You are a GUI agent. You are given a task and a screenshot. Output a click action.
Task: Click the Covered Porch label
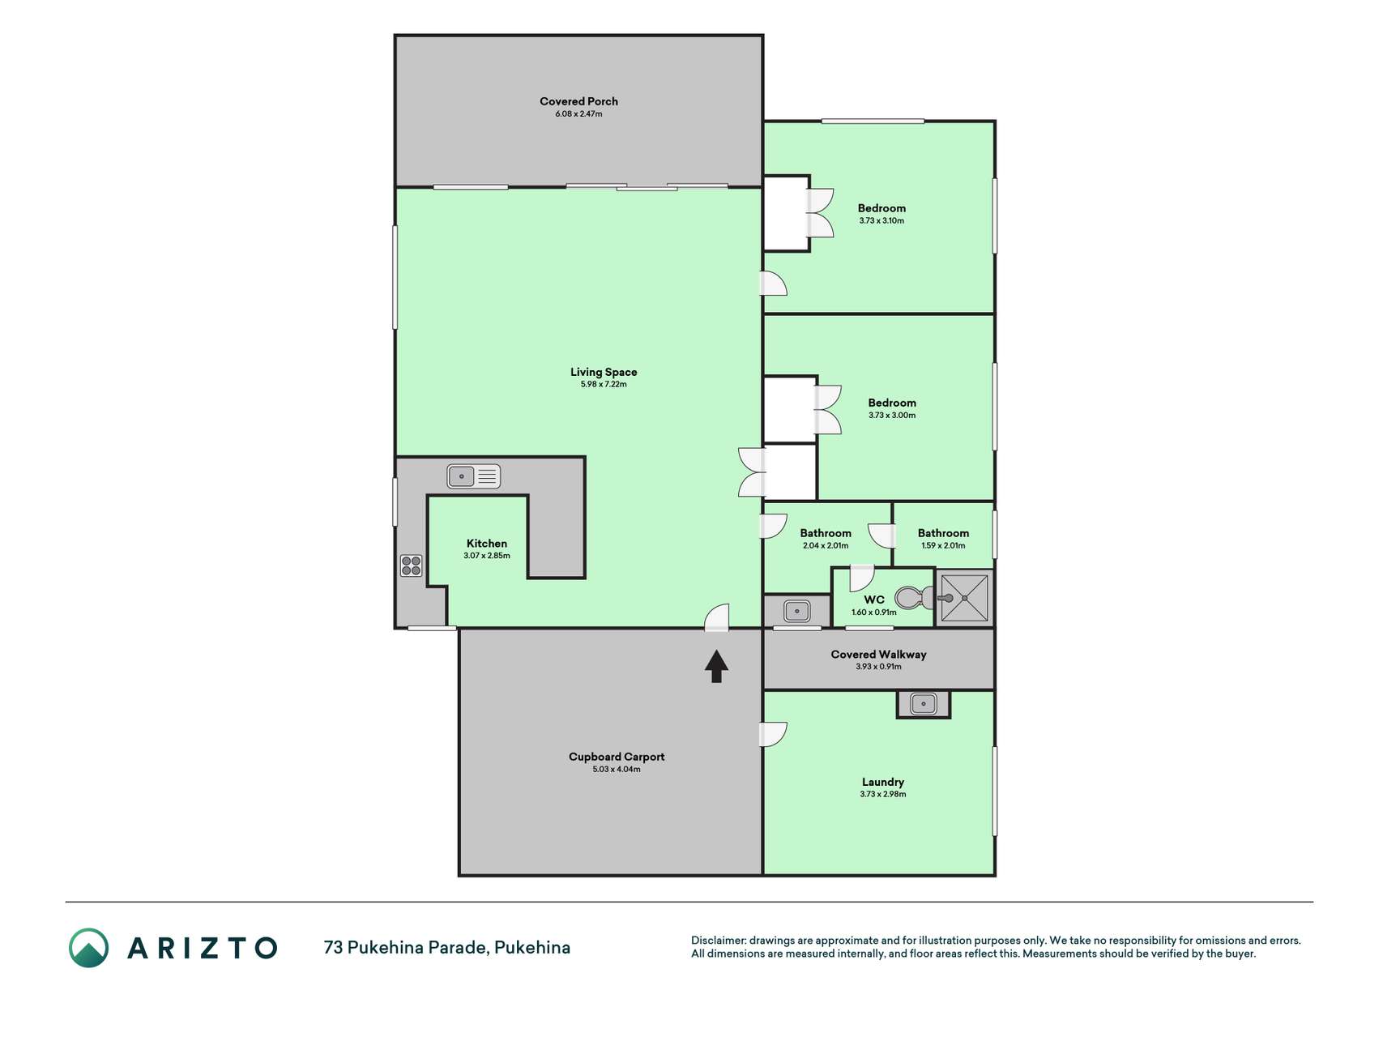578,101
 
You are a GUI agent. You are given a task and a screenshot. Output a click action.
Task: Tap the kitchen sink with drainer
474,476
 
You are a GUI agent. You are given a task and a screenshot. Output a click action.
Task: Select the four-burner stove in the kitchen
411,565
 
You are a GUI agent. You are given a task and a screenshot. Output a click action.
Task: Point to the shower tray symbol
964,598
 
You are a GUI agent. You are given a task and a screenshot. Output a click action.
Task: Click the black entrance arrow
716,667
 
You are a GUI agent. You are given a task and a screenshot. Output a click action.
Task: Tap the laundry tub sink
924,703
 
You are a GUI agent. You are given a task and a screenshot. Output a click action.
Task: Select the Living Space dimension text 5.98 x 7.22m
604,384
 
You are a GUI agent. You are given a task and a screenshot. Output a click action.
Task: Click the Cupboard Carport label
617,757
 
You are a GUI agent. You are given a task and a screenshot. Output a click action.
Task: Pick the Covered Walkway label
878,654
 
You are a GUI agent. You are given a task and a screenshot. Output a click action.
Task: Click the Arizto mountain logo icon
88,947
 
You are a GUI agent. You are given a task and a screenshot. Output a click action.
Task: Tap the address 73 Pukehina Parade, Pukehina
447,947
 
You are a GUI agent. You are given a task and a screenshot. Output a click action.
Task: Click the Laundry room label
883,782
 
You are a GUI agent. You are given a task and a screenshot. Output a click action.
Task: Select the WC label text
874,600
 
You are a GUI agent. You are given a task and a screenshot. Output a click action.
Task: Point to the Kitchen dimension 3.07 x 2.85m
487,556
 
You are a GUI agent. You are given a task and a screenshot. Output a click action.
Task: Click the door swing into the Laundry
773,734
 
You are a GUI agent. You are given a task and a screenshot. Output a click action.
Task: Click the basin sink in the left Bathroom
797,611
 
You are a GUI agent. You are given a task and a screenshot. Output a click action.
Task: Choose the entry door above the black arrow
717,617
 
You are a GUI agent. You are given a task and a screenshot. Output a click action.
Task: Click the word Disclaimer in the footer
718,941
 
